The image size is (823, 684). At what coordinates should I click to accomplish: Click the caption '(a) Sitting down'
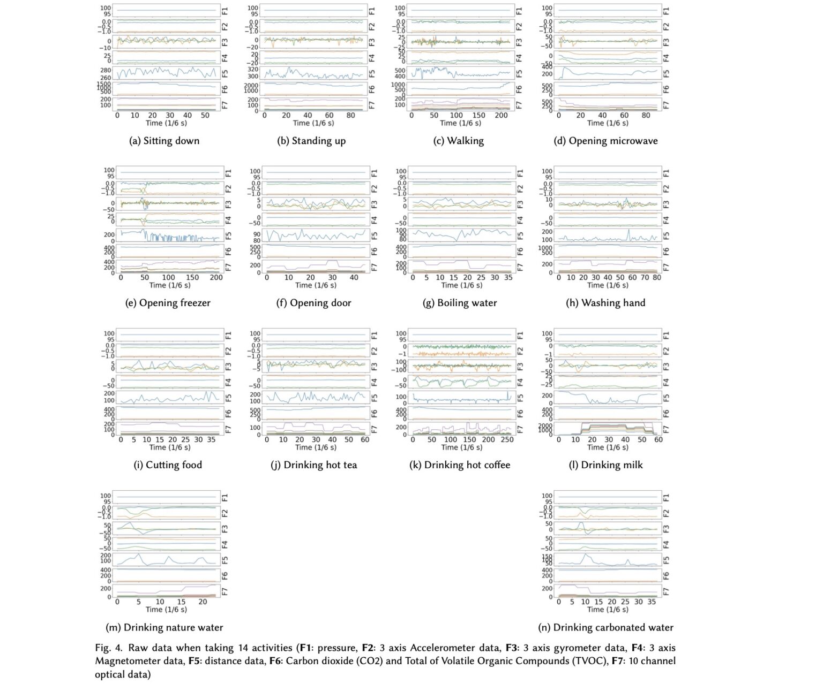[x=164, y=141]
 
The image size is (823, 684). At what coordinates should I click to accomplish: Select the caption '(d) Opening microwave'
[x=605, y=141]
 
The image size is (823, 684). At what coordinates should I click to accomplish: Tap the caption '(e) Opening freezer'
[x=168, y=303]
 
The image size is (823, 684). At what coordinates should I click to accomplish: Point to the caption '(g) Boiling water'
[x=460, y=303]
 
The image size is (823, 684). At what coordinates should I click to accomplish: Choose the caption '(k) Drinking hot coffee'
[x=460, y=465]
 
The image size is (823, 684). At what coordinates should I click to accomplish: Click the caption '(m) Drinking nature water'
[x=164, y=627]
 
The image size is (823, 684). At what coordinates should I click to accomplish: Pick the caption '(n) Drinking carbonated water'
[x=605, y=627]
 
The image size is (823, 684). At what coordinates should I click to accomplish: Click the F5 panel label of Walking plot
[x=519, y=73]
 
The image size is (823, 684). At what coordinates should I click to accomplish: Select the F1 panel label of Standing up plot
[x=372, y=11]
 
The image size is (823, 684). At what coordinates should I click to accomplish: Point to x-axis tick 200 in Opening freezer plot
[x=216, y=278]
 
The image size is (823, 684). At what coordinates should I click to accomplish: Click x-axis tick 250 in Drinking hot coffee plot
[x=507, y=440]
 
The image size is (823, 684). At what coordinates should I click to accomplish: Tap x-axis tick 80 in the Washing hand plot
[x=657, y=278]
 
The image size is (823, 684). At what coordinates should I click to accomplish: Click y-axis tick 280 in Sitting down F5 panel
[x=106, y=70]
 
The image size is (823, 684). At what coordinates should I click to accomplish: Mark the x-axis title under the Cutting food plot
[x=169, y=447]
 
